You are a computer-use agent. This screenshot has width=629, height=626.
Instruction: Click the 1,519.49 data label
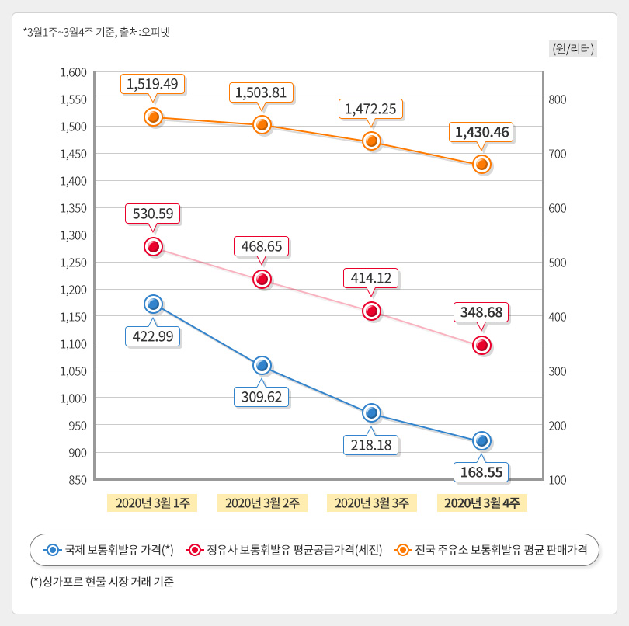coord(153,84)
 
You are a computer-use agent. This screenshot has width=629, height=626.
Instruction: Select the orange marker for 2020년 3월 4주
coord(481,165)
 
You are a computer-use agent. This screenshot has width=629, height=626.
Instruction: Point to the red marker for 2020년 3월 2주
coord(262,280)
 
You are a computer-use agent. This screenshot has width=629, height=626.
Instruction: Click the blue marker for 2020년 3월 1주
coord(153,304)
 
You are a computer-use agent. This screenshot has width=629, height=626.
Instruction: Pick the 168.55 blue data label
coord(481,471)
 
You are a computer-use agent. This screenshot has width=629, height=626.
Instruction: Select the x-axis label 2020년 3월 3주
coord(371,503)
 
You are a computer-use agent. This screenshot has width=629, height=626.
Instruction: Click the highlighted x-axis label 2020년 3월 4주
coord(481,503)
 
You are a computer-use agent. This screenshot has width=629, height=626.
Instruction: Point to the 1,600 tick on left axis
coord(73,72)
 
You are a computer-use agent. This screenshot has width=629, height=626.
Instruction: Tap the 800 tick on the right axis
coord(558,99)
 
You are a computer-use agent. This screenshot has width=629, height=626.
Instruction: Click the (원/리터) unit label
coord(572,48)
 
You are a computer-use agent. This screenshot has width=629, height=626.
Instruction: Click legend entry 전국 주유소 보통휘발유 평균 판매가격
coord(491,550)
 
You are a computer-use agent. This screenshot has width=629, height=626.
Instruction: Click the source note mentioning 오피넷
coord(96,32)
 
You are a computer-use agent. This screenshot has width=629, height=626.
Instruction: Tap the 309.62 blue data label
coord(262,397)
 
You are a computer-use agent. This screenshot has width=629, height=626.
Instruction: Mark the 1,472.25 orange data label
coord(371,109)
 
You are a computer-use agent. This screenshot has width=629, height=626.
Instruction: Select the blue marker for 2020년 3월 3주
coord(371,412)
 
